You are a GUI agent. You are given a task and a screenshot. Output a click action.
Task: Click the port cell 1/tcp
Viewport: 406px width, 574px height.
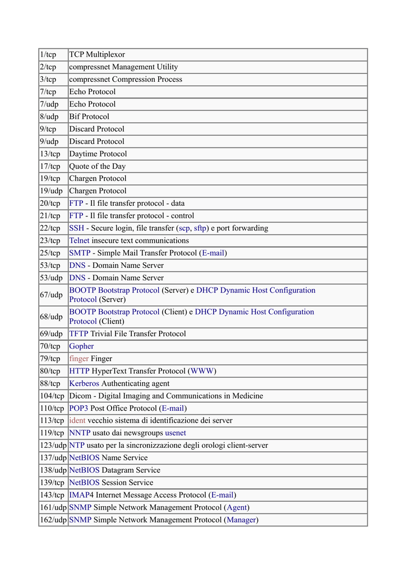coord(48,54)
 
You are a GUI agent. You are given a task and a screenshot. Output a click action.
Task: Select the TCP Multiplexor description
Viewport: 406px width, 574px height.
coord(97,54)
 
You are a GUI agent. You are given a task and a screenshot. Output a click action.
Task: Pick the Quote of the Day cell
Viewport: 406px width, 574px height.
coord(97,166)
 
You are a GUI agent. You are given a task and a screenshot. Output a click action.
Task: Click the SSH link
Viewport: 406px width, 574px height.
coord(76,228)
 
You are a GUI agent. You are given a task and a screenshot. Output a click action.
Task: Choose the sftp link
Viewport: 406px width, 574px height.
coord(200,228)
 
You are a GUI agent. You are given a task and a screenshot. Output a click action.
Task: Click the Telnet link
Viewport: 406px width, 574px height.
coord(79,240)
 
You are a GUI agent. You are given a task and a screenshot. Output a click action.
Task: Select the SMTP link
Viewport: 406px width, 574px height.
coord(79,253)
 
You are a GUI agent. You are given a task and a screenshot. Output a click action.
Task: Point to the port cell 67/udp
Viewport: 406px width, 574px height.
coord(51,295)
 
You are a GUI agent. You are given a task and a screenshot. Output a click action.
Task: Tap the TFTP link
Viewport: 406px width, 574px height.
coord(79,334)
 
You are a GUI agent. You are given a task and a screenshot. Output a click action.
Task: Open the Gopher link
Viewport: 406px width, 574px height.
coord(81,346)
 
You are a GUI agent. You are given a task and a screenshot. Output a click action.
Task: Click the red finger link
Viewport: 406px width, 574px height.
coord(79,358)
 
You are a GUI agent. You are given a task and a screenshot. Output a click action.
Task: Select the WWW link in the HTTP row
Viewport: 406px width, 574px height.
coord(202,371)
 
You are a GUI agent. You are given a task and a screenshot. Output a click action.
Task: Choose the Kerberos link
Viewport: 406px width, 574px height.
coord(84,383)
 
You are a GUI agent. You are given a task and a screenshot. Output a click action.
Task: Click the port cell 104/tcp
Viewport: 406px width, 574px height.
coord(52,396)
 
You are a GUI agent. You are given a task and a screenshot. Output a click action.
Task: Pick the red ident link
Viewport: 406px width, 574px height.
coord(77,420)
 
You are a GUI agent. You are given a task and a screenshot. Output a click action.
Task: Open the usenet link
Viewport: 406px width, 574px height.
coord(176,433)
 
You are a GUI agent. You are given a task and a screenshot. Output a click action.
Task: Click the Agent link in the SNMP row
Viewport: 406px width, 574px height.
coord(237,507)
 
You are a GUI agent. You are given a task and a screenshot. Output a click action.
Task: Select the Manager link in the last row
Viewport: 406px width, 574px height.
coord(241,520)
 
